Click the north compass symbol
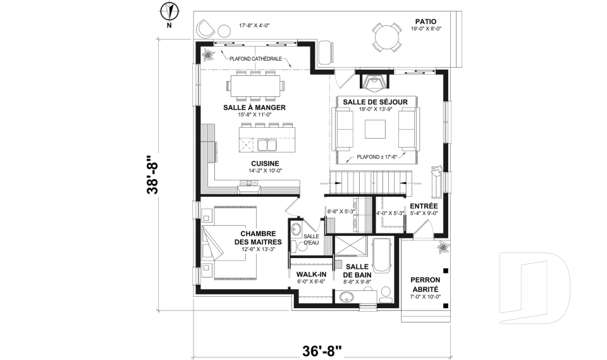tap(169, 11)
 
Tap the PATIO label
tap(426, 22)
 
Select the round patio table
tap(387, 37)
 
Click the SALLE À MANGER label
tap(254, 108)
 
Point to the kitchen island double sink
tap(267, 144)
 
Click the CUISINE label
tap(265, 163)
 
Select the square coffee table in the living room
tap(375, 128)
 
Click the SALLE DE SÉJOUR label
tap(375, 102)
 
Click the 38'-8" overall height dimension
tap(152, 175)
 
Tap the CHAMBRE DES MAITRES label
tap(258, 237)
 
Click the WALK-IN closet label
tap(311, 275)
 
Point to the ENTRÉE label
tap(424, 206)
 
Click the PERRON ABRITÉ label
tap(426, 285)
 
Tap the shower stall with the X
tap(350, 245)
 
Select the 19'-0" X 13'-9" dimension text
tap(375, 109)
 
